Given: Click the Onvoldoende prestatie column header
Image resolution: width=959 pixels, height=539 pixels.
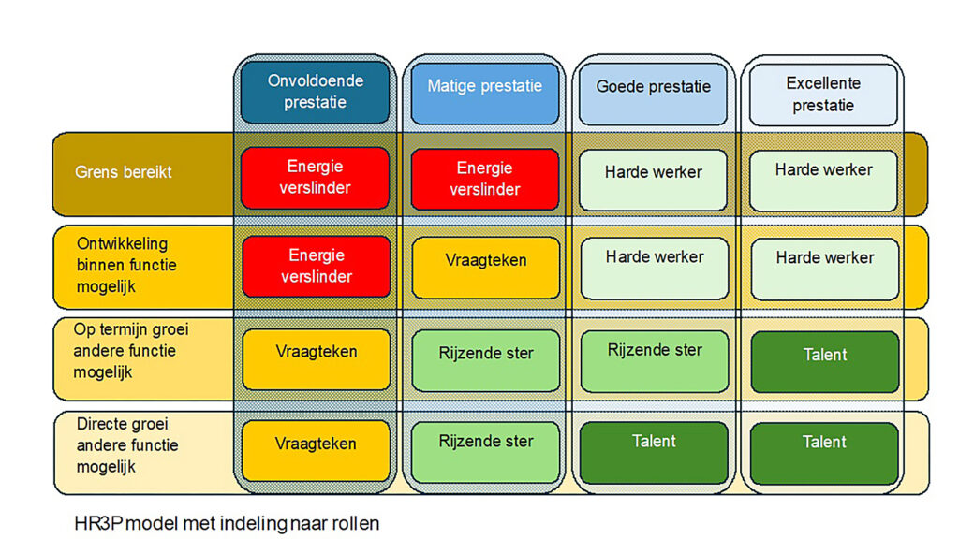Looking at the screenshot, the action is coord(315,92).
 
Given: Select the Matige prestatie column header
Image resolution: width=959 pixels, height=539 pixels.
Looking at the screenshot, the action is coord(484,93).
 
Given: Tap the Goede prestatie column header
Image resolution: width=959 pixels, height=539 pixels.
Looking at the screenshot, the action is coord(653,94).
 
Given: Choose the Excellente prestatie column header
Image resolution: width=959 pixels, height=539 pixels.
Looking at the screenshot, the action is coord(823,95).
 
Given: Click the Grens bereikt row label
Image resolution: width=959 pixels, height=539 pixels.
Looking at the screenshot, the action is coord(124,172).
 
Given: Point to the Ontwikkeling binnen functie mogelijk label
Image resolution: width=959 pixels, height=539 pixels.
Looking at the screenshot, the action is coord(126,265).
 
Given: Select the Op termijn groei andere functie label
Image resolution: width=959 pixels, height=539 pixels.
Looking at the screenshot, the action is coord(131,351).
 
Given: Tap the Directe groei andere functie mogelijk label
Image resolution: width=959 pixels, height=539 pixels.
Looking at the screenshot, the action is coord(127,445).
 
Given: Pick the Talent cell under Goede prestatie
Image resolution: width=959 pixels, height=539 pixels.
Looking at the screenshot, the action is coord(654,453).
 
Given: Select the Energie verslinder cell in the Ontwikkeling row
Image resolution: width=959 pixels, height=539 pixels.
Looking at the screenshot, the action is coord(317,267).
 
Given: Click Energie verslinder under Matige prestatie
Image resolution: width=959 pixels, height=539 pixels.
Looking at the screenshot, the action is coord(484,179).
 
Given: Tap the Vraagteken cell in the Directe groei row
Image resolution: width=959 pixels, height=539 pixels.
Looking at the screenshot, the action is coord(316,451).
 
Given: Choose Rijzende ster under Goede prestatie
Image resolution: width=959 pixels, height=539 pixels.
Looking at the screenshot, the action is coord(655,361).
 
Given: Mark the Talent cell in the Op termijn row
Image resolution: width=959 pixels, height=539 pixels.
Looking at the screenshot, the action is coord(825,362).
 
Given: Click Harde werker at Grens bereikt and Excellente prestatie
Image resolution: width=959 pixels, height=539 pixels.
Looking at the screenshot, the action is coord(823,181).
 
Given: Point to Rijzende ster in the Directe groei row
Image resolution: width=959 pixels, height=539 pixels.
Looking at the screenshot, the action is coord(486,452).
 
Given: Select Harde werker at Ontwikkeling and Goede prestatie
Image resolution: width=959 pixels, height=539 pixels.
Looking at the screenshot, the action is coord(655,269).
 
